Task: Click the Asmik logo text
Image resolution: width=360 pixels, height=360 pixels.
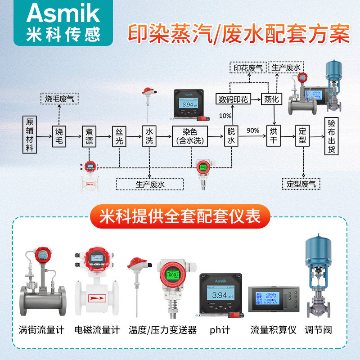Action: pos(63,13)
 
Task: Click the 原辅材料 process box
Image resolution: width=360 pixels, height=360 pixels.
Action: pos(30,135)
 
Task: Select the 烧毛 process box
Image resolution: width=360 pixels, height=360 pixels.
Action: pos(60,135)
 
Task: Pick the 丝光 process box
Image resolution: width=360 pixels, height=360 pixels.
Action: pos(119,135)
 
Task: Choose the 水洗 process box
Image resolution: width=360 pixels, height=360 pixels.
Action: pos(149,135)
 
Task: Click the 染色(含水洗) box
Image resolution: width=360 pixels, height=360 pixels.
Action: pos(190,135)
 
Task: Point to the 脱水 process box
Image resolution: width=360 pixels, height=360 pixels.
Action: pos(231,135)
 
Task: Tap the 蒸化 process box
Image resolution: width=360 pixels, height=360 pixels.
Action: pos(272,99)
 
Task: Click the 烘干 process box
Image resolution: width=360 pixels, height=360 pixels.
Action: pos(274,135)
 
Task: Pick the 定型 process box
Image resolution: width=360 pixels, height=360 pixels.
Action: pos(302,135)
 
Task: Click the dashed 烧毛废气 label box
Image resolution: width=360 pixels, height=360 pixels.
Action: pos(60,98)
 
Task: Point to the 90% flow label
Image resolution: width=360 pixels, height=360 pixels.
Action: pos(253,130)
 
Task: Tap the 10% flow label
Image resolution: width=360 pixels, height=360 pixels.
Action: pos(225,116)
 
